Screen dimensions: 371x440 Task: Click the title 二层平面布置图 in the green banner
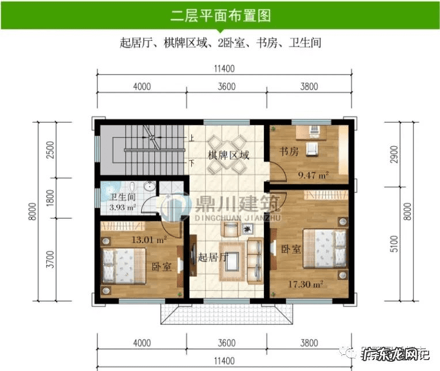220,16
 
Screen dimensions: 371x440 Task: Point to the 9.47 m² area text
313,174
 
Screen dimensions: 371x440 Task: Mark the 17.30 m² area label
306,284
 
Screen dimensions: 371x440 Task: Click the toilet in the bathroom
132,188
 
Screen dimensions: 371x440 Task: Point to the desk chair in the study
311,150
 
